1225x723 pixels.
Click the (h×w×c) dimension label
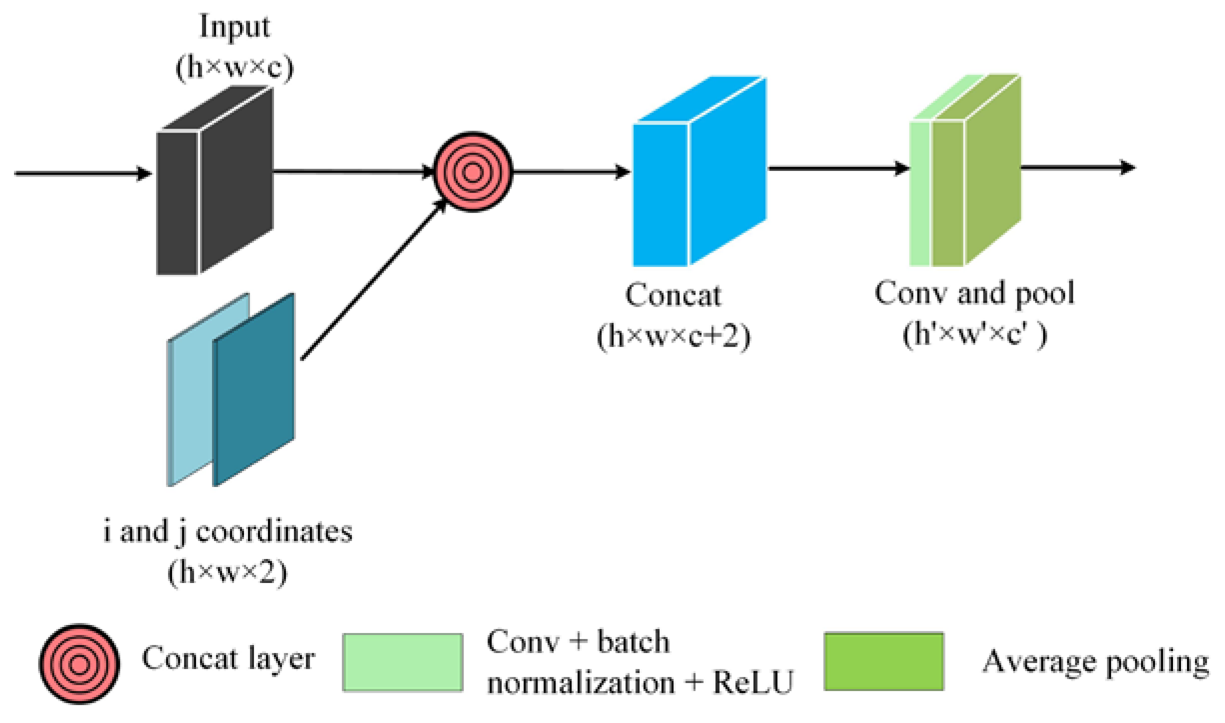[x=234, y=67]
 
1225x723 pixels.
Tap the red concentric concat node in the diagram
[x=472, y=172]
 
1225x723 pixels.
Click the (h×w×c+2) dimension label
[x=673, y=336]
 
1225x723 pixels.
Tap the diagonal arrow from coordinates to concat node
[x=372, y=280]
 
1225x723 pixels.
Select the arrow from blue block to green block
[x=837, y=168]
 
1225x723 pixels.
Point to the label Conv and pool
[x=974, y=293]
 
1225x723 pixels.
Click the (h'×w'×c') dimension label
[x=974, y=334]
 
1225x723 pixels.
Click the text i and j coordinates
[x=227, y=531]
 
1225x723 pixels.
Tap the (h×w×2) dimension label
[x=227, y=572]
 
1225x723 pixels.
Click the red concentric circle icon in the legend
[x=79, y=664]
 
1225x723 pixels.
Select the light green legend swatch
[x=402, y=662]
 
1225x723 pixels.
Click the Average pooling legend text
[x=1095, y=662]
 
